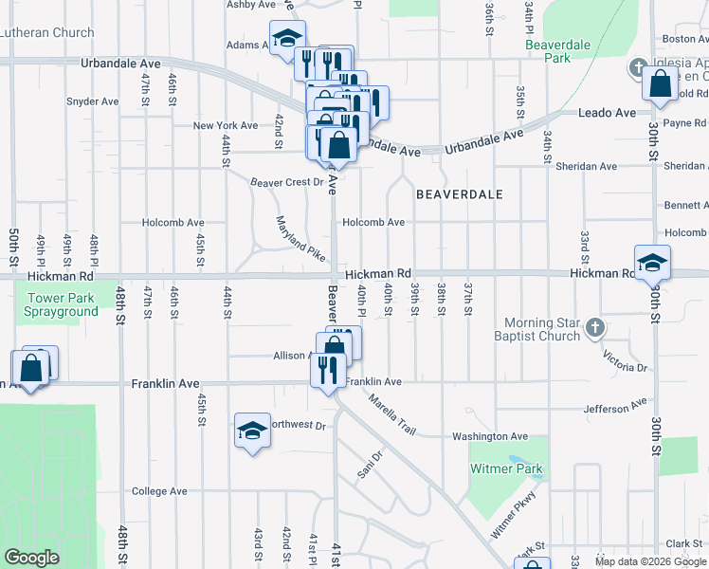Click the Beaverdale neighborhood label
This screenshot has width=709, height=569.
459,193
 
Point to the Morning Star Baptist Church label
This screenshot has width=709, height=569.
542,329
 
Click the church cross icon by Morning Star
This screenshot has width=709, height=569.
594,328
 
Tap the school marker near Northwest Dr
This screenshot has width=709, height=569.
252,431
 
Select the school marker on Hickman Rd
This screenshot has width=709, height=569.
653,263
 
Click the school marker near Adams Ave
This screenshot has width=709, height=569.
287,39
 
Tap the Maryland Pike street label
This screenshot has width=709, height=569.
300,239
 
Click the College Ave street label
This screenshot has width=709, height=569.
159,491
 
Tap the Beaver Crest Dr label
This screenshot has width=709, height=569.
286,182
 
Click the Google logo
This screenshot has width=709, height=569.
31,557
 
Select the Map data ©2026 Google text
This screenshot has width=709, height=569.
650,561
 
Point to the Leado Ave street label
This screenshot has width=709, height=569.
607,113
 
